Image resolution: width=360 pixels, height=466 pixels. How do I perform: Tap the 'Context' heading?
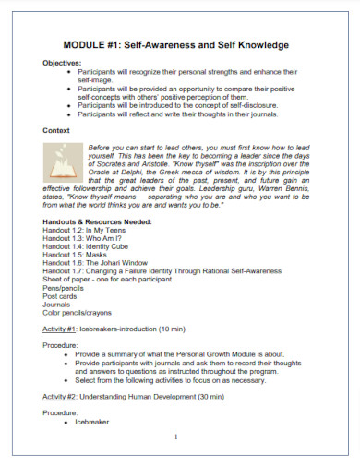59,131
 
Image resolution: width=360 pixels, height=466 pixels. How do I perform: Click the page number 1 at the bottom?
174,437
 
